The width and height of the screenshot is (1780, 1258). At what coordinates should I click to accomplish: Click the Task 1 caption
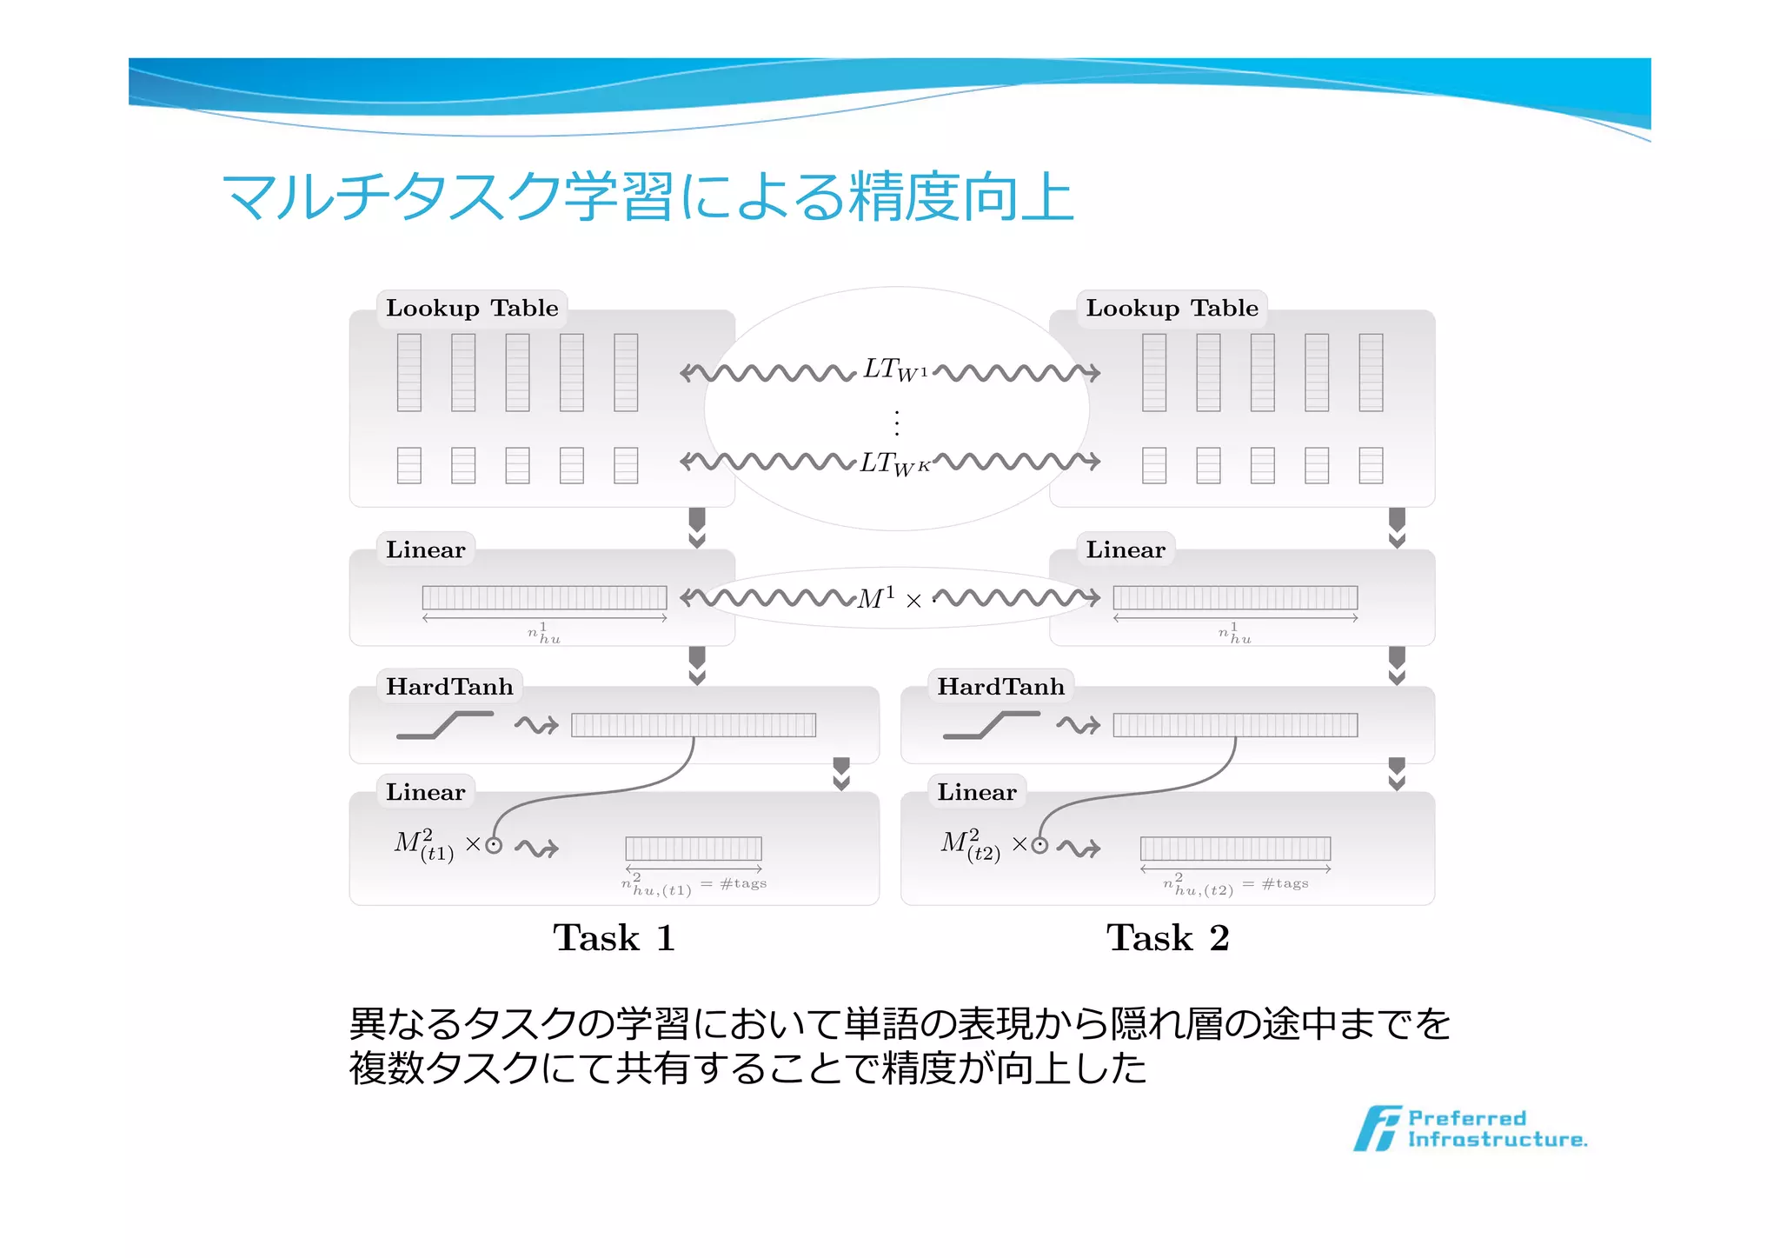614,938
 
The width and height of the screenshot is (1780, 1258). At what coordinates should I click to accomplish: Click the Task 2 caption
1167,938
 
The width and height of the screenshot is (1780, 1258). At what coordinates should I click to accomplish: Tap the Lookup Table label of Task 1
472,309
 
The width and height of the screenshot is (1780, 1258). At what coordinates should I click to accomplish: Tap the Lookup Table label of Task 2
1172,309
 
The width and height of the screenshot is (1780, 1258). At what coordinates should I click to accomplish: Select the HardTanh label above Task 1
449,687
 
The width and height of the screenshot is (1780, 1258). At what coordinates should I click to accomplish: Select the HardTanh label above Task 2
1000,687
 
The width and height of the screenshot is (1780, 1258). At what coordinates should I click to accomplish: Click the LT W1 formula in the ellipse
895,370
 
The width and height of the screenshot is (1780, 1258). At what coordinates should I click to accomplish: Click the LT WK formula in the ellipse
895,463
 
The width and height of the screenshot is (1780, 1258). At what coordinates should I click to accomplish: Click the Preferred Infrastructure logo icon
1377,1128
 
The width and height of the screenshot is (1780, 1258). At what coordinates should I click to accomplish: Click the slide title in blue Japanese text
648,196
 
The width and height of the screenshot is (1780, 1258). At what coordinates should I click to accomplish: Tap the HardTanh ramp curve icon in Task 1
444,725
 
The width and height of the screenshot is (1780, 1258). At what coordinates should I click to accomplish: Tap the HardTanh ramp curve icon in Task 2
991,725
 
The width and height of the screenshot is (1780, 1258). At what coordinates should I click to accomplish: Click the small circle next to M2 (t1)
494,845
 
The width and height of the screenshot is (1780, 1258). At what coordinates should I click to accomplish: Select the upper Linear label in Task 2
1125,550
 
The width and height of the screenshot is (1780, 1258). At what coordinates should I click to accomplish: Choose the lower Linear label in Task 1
425,793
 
